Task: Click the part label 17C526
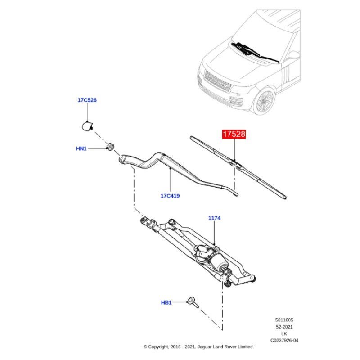[x=87, y=100]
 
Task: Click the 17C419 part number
[x=170, y=196]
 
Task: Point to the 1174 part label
[x=214, y=218]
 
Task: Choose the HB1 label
[x=166, y=303]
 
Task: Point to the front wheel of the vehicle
[x=265, y=102]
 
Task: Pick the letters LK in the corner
[x=283, y=333]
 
